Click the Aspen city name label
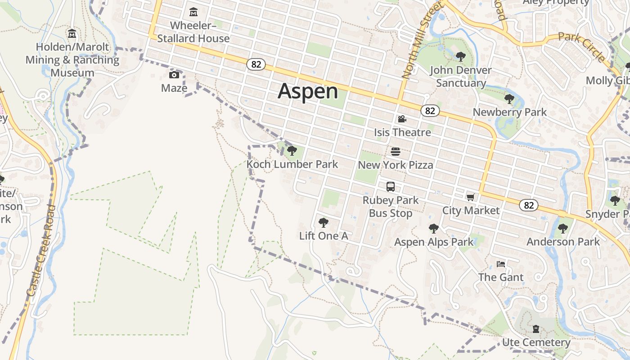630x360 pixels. point(308,91)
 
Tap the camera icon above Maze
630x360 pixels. point(174,75)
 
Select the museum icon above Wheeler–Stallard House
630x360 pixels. point(193,12)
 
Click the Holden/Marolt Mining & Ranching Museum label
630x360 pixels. point(72,60)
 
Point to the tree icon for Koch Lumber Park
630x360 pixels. point(292,151)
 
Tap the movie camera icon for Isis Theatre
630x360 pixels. point(402,119)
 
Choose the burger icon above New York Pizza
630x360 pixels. point(396,152)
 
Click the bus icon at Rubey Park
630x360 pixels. point(391,187)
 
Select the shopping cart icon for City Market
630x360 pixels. point(471,197)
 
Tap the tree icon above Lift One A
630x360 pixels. point(323,222)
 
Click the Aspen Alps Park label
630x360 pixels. point(434,242)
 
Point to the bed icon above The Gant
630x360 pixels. point(501,264)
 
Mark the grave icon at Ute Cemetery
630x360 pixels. point(536,329)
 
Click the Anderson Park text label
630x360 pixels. point(563,242)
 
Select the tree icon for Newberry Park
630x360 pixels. point(509,99)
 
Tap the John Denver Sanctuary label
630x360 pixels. point(461,76)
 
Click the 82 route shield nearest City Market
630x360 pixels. point(529,206)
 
